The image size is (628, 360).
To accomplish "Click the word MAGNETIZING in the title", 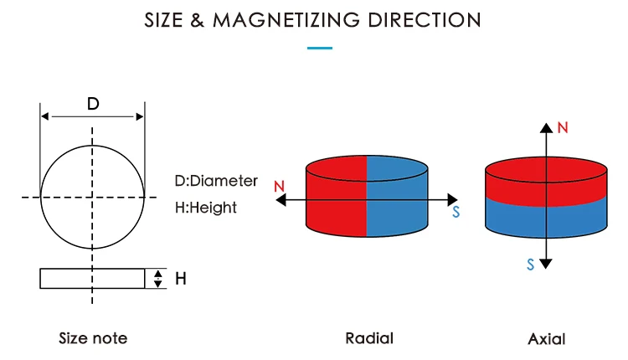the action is pos(286,20).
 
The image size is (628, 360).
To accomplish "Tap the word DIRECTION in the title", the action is pos(425,20).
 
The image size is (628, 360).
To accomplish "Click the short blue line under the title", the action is pos(320,48).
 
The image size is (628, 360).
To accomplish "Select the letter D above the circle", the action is pos(93,104).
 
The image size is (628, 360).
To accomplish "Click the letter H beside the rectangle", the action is pos(181,278).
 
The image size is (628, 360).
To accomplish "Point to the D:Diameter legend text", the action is pos(216,181).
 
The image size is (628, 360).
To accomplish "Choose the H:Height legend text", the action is pos(205,208).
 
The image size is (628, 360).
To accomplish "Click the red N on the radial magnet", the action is pos(279,186).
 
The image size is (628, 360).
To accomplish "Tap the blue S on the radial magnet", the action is pos(456,212).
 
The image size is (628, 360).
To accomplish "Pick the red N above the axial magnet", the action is pos(563,128).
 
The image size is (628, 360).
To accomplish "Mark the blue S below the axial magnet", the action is pos(530,265).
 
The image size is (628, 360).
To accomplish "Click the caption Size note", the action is pos(93,338).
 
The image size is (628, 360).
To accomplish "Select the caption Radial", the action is pos(369,338).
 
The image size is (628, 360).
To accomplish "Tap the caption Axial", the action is pos(546,339).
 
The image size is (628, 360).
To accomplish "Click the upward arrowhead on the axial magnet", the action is pos(546,128).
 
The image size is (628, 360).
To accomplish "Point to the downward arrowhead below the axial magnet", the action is pos(546,264).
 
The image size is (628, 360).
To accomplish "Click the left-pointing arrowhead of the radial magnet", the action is pos(281,200).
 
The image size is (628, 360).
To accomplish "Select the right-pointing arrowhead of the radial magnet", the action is pos(452,200).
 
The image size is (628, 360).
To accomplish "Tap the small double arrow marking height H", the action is pos(157,279).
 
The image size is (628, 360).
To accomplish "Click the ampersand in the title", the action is pos(197,20).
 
